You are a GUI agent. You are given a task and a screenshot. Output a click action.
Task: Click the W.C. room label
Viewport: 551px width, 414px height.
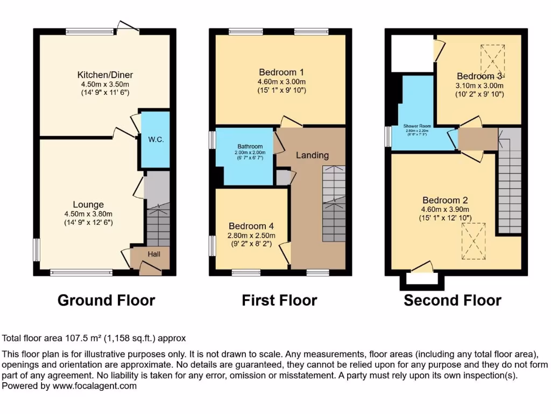point(156,140)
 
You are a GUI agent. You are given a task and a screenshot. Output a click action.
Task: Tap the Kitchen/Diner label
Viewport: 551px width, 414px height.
point(105,75)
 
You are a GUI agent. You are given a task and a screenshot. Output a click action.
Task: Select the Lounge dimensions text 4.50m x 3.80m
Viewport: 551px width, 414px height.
point(88,213)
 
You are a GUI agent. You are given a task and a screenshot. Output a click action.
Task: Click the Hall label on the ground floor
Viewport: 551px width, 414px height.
point(154,254)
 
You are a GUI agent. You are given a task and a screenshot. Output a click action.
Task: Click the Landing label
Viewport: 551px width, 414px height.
point(312,155)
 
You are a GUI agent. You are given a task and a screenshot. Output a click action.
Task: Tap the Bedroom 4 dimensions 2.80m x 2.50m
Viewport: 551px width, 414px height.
point(252,235)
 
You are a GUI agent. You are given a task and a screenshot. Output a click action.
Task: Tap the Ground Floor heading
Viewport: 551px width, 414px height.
point(106,300)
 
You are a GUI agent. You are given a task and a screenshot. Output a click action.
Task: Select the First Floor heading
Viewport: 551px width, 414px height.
point(279,300)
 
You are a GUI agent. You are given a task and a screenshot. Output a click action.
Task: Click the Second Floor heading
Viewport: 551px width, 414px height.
point(453,300)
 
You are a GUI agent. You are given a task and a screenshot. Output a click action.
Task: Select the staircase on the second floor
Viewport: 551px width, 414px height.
point(509,181)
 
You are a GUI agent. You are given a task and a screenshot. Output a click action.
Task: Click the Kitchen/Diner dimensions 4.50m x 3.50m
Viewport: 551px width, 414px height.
point(105,84)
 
